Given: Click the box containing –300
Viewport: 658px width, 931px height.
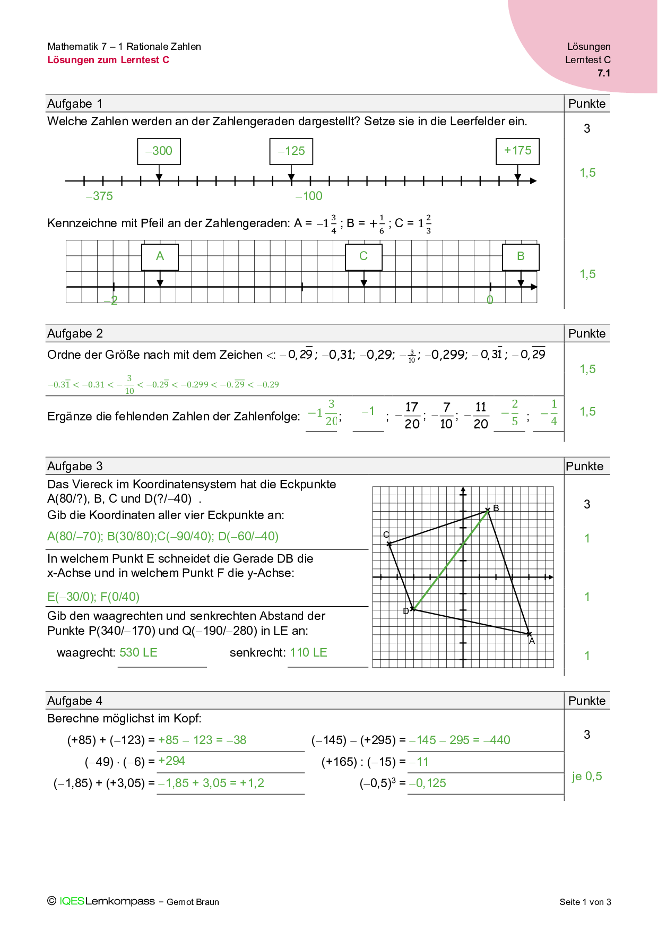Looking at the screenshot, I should (x=159, y=151).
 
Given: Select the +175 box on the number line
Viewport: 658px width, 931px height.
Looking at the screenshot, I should (x=517, y=151).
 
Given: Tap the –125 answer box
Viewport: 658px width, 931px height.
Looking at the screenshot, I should (x=291, y=151).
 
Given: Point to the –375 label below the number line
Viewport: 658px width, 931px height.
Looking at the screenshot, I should (x=99, y=196).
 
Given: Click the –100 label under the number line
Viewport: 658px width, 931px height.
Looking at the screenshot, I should (x=309, y=196).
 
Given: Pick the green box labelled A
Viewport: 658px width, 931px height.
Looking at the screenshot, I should (x=160, y=257).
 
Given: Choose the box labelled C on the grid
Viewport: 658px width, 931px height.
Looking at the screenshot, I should (x=363, y=257).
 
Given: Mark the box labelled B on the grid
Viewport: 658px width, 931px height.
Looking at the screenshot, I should (x=521, y=257).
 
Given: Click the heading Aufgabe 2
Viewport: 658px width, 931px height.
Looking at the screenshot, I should (x=75, y=334).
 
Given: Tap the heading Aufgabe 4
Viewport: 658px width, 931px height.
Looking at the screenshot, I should (x=75, y=701).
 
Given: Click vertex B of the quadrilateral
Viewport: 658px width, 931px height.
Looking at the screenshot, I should (x=488, y=510).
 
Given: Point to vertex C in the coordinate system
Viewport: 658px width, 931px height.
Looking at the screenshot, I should (x=389, y=544).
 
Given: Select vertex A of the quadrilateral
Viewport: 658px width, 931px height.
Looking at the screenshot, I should (x=529, y=634).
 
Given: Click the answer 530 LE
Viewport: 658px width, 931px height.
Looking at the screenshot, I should (x=138, y=653).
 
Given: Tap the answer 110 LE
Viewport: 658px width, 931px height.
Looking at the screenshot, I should (x=308, y=653).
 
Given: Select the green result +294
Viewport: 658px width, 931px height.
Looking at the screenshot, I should (x=171, y=761).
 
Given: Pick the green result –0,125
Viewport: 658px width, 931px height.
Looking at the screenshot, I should (x=428, y=783).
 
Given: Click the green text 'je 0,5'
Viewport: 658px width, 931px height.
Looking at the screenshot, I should (x=587, y=777).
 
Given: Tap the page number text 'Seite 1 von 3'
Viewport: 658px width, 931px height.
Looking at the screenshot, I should (x=585, y=902).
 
